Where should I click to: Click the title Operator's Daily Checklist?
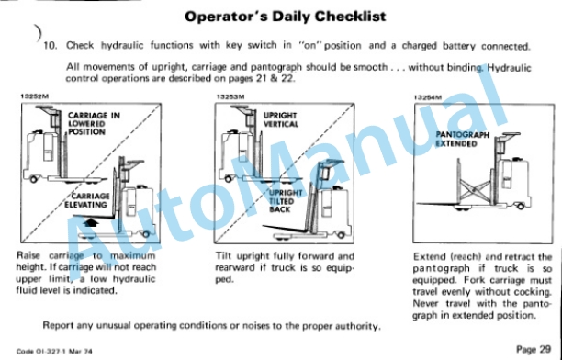click(286, 17)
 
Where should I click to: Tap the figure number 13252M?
click(34, 96)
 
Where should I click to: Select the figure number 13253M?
click(230, 96)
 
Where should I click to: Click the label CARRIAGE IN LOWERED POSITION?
click(94, 124)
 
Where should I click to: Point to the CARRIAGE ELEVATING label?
click(86, 200)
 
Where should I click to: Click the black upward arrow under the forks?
click(91, 222)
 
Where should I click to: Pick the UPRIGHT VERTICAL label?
click(281, 119)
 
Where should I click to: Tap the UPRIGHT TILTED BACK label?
click(286, 201)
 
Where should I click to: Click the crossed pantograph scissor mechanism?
click(475, 190)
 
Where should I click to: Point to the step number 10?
click(51, 46)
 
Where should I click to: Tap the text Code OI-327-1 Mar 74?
click(54, 352)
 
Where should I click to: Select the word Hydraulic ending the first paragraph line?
click(509, 68)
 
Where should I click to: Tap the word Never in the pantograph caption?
click(425, 303)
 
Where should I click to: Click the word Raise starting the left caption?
click(28, 255)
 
